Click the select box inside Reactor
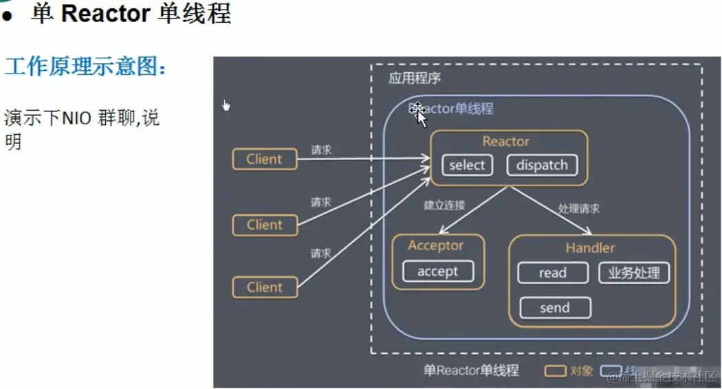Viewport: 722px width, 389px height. point(467,165)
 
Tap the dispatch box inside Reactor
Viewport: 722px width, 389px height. point(542,165)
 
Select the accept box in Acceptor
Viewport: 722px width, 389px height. point(437,271)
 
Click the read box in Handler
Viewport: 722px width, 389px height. point(552,273)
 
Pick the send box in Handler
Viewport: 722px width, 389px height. point(554,308)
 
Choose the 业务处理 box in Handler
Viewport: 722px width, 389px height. point(633,273)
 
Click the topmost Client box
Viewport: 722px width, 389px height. point(265,159)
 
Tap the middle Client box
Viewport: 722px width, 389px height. point(265,225)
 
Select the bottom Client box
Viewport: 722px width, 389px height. point(265,287)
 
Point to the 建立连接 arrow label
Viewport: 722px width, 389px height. point(444,205)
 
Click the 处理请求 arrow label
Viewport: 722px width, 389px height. point(579,208)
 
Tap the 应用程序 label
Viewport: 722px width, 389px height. point(415,78)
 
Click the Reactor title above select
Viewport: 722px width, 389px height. point(505,142)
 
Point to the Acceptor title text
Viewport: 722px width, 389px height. point(436,245)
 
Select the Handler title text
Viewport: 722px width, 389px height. point(590,247)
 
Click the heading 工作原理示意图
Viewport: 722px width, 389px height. point(85,67)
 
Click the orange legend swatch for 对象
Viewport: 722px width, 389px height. point(555,371)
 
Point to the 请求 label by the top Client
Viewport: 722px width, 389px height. point(321,149)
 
